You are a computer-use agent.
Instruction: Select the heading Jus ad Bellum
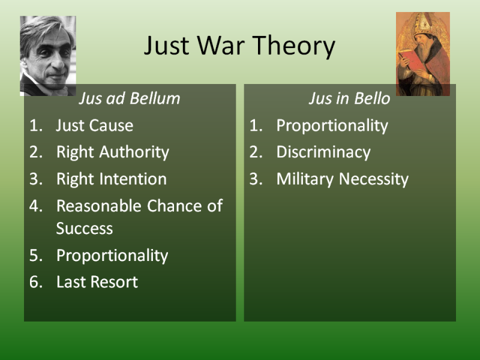pos(130,98)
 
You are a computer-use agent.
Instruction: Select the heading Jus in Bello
pos(349,98)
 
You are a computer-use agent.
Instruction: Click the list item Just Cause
pos(95,125)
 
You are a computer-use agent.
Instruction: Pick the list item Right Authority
pos(113,152)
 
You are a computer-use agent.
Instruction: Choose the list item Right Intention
pos(112,179)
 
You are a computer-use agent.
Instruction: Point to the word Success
pos(85,229)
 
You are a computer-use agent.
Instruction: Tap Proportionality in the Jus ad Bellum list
pos(112,256)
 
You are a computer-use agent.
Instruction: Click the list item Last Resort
pos(97,282)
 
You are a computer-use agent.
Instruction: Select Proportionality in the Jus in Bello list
pos(332,126)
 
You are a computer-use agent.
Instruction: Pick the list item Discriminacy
pos(323,152)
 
